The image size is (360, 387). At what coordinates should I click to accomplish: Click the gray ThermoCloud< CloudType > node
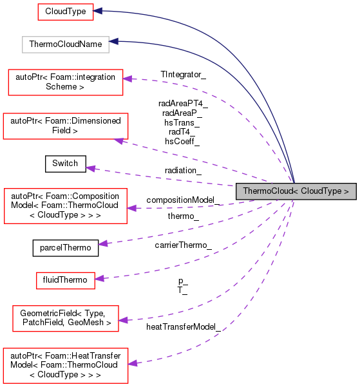point(296,191)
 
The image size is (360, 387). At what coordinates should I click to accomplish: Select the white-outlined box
point(66,44)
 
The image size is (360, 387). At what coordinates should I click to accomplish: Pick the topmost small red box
point(66,12)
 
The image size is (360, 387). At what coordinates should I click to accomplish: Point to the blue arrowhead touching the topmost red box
point(98,11)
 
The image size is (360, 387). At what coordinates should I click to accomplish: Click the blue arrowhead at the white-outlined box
point(113,41)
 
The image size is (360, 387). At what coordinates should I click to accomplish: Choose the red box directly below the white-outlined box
point(66,82)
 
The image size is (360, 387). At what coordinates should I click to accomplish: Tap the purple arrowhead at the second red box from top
point(128,79)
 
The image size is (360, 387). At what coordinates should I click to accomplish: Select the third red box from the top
point(66,126)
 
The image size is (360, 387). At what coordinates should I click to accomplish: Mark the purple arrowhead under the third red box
point(120,140)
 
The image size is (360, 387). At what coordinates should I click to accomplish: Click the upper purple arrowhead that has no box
point(91,168)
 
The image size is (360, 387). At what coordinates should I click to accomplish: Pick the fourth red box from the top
point(66,206)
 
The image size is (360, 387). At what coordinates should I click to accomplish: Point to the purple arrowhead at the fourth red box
point(131,208)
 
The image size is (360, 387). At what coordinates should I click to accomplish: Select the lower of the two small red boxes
point(66,281)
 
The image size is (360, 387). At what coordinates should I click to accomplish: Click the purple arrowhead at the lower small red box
point(99,278)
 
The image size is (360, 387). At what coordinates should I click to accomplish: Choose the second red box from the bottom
point(66,319)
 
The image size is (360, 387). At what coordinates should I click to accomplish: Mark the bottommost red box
point(66,366)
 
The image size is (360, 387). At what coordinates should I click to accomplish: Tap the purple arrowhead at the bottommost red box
point(133,363)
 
